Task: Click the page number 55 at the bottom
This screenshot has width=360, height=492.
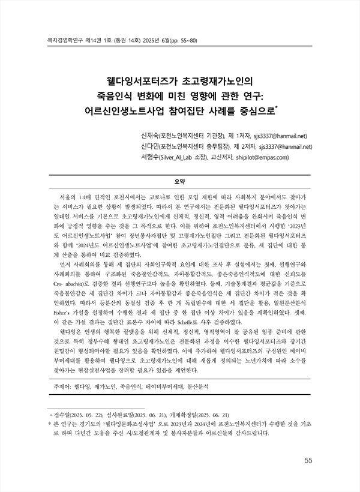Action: pyautogui.click(x=309, y=460)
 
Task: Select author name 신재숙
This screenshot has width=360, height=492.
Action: pyautogui.click(x=149, y=135)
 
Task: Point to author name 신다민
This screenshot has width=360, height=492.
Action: pyautogui.click(x=149, y=146)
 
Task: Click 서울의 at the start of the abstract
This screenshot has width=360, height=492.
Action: pyautogui.click(x=62, y=197)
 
